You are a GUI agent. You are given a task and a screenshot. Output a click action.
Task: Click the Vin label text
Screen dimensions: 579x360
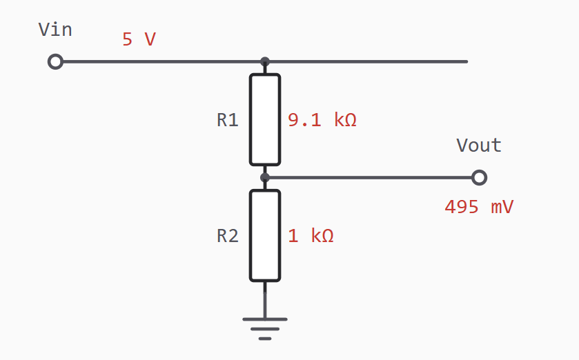click(x=55, y=30)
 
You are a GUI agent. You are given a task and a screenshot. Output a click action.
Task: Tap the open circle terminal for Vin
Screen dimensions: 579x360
click(x=55, y=61)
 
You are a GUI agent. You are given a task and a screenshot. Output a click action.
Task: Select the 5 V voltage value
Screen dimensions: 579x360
click(x=139, y=39)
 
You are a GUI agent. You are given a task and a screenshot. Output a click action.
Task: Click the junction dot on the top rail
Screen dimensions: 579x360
click(x=265, y=61)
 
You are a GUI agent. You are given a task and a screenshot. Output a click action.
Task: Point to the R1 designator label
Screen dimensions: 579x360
click(x=228, y=120)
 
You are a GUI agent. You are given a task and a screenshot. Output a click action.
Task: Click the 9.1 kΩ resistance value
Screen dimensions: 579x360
click(x=322, y=120)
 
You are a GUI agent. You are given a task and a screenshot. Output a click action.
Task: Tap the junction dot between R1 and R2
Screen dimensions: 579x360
click(x=265, y=177)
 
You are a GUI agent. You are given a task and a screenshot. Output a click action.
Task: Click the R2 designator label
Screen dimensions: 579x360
click(x=228, y=236)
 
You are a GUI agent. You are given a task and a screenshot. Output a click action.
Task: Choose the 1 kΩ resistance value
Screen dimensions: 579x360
click(x=311, y=236)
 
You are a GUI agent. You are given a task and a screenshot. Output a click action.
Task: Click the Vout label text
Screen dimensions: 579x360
click(x=479, y=146)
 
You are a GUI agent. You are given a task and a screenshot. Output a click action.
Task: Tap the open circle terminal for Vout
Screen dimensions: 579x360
click(x=480, y=177)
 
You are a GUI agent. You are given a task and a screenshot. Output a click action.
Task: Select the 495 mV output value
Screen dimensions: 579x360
click(x=479, y=207)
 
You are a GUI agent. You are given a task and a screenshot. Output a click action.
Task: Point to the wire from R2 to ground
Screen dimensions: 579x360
click(x=265, y=300)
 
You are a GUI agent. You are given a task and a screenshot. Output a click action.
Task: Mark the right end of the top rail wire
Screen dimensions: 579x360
click(x=467, y=61)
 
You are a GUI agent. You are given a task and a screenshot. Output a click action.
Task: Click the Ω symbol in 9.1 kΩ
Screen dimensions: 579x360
click(x=351, y=120)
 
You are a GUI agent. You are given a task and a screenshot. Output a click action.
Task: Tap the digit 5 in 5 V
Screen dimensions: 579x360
click(x=128, y=39)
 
